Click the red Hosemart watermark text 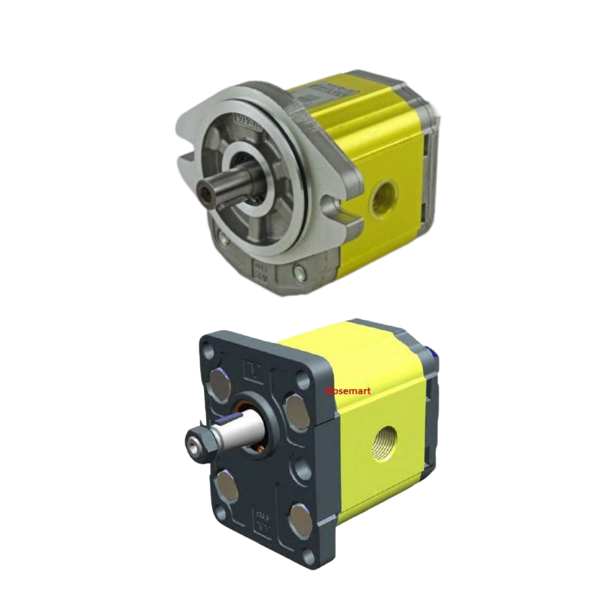click(348, 391)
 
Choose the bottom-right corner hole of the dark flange click(309, 557)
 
